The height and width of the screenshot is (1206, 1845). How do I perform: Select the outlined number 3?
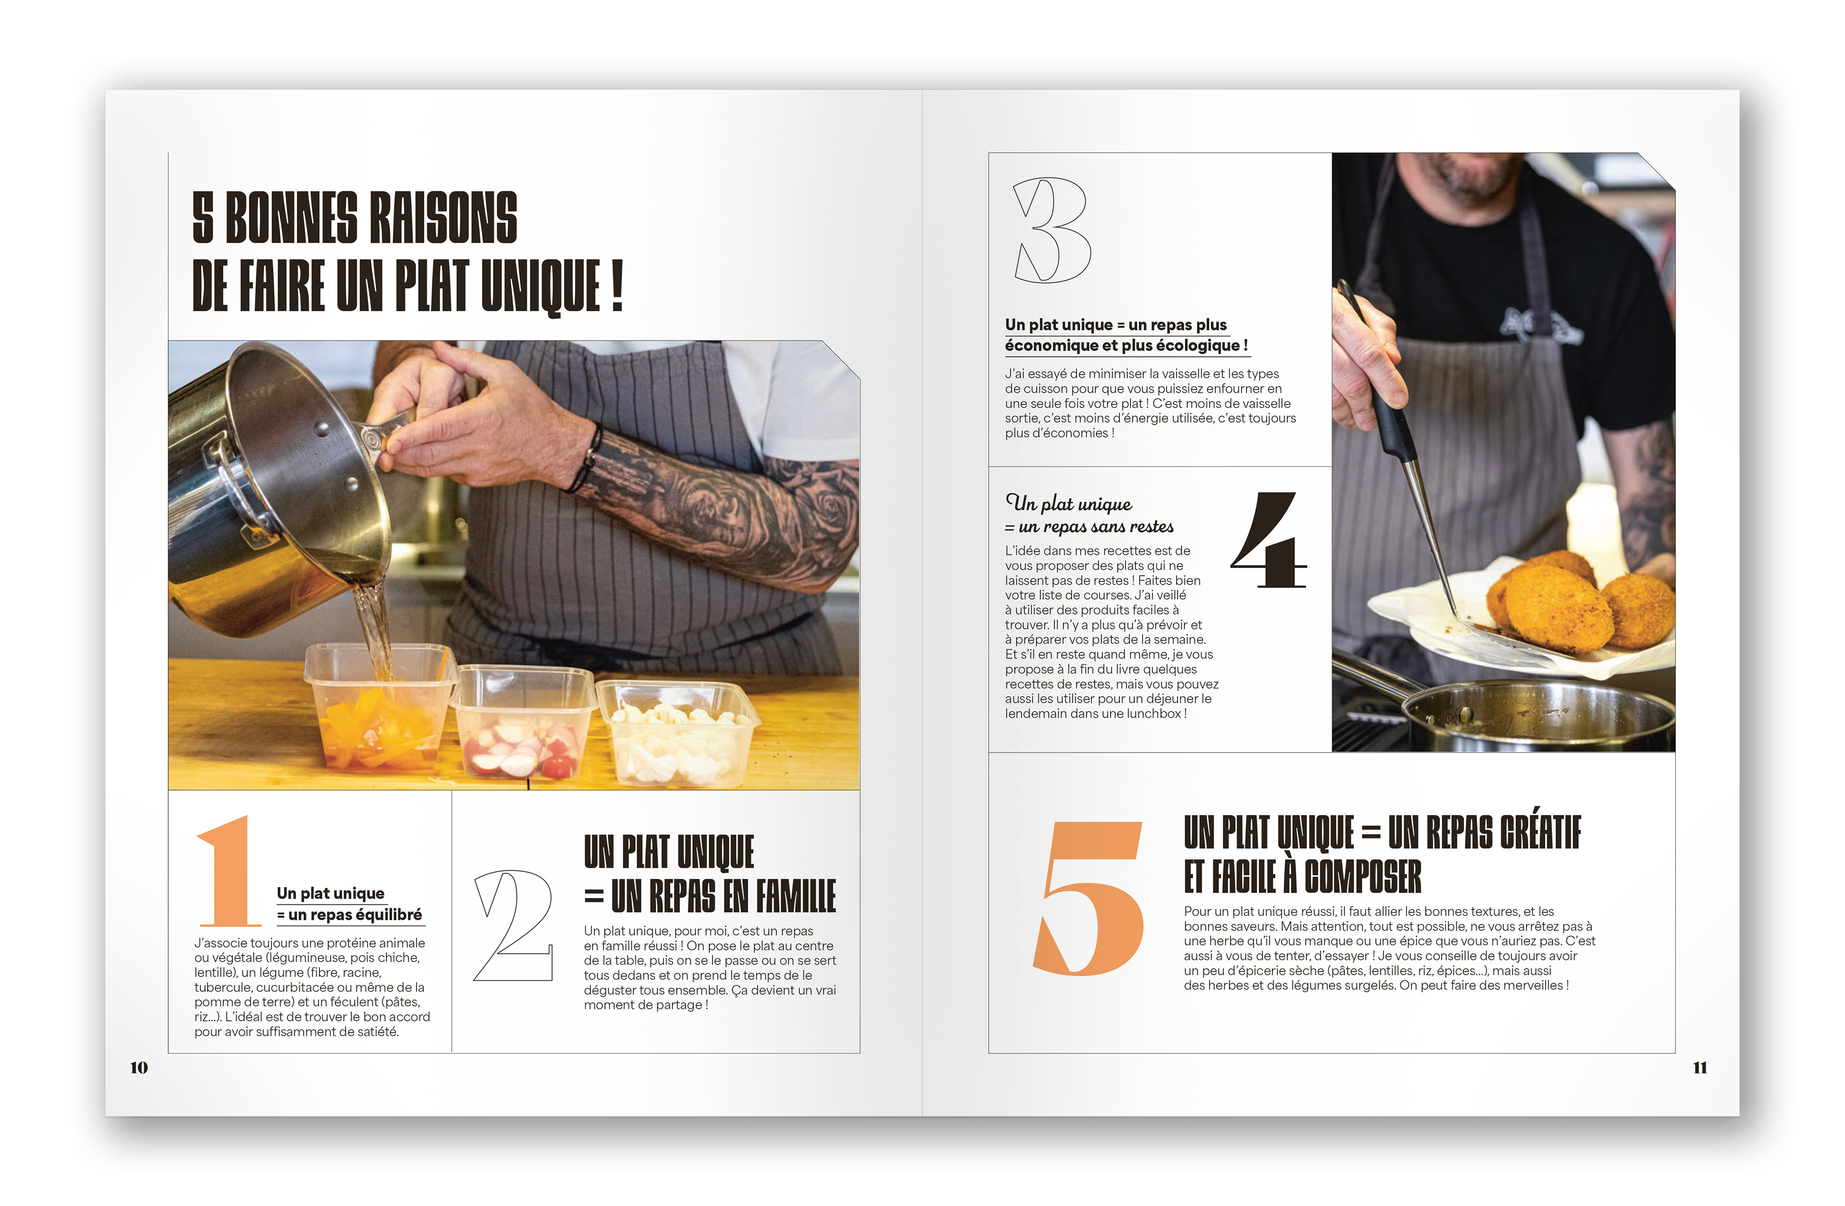click(x=1052, y=230)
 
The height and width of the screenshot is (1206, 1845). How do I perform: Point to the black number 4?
click(x=1269, y=540)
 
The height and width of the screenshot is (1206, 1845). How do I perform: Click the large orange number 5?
click(x=1089, y=898)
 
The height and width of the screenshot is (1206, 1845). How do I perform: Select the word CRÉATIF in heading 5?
click(x=1539, y=832)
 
